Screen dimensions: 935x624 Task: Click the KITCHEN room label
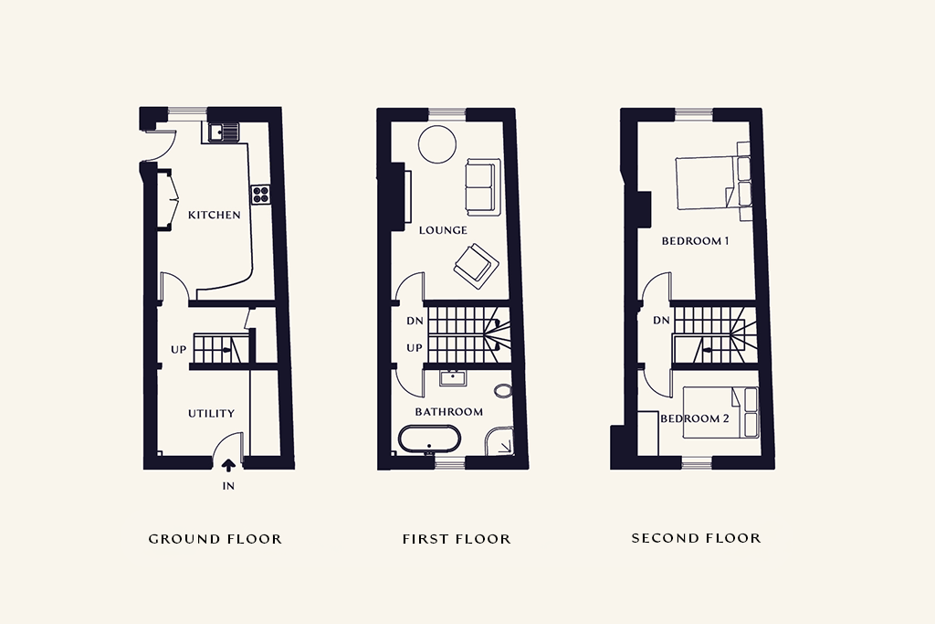coord(214,215)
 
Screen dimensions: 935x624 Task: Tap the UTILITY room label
coord(211,414)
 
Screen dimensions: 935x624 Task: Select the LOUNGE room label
coord(443,230)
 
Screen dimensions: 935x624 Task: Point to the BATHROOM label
coord(449,412)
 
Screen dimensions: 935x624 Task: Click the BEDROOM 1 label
coord(695,241)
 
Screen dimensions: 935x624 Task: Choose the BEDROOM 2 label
coord(695,418)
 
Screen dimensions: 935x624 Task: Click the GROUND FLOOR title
coord(215,539)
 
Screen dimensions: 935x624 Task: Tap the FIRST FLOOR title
coord(457,539)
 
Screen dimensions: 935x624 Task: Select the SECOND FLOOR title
coord(697,538)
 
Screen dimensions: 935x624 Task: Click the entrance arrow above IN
coord(228,465)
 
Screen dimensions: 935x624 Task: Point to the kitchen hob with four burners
coord(260,194)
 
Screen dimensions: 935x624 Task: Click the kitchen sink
coord(223,132)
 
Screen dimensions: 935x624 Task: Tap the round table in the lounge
coord(437,143)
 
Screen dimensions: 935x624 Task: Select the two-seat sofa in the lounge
coord(481,187)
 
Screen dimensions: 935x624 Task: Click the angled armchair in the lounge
coord(476,266)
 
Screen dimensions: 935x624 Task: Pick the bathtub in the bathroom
coord(430,439)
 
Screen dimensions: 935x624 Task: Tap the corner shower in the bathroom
coord(499,441)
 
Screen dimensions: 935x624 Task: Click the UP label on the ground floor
coord(178,350)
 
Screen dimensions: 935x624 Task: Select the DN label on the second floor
coord(661,321)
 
